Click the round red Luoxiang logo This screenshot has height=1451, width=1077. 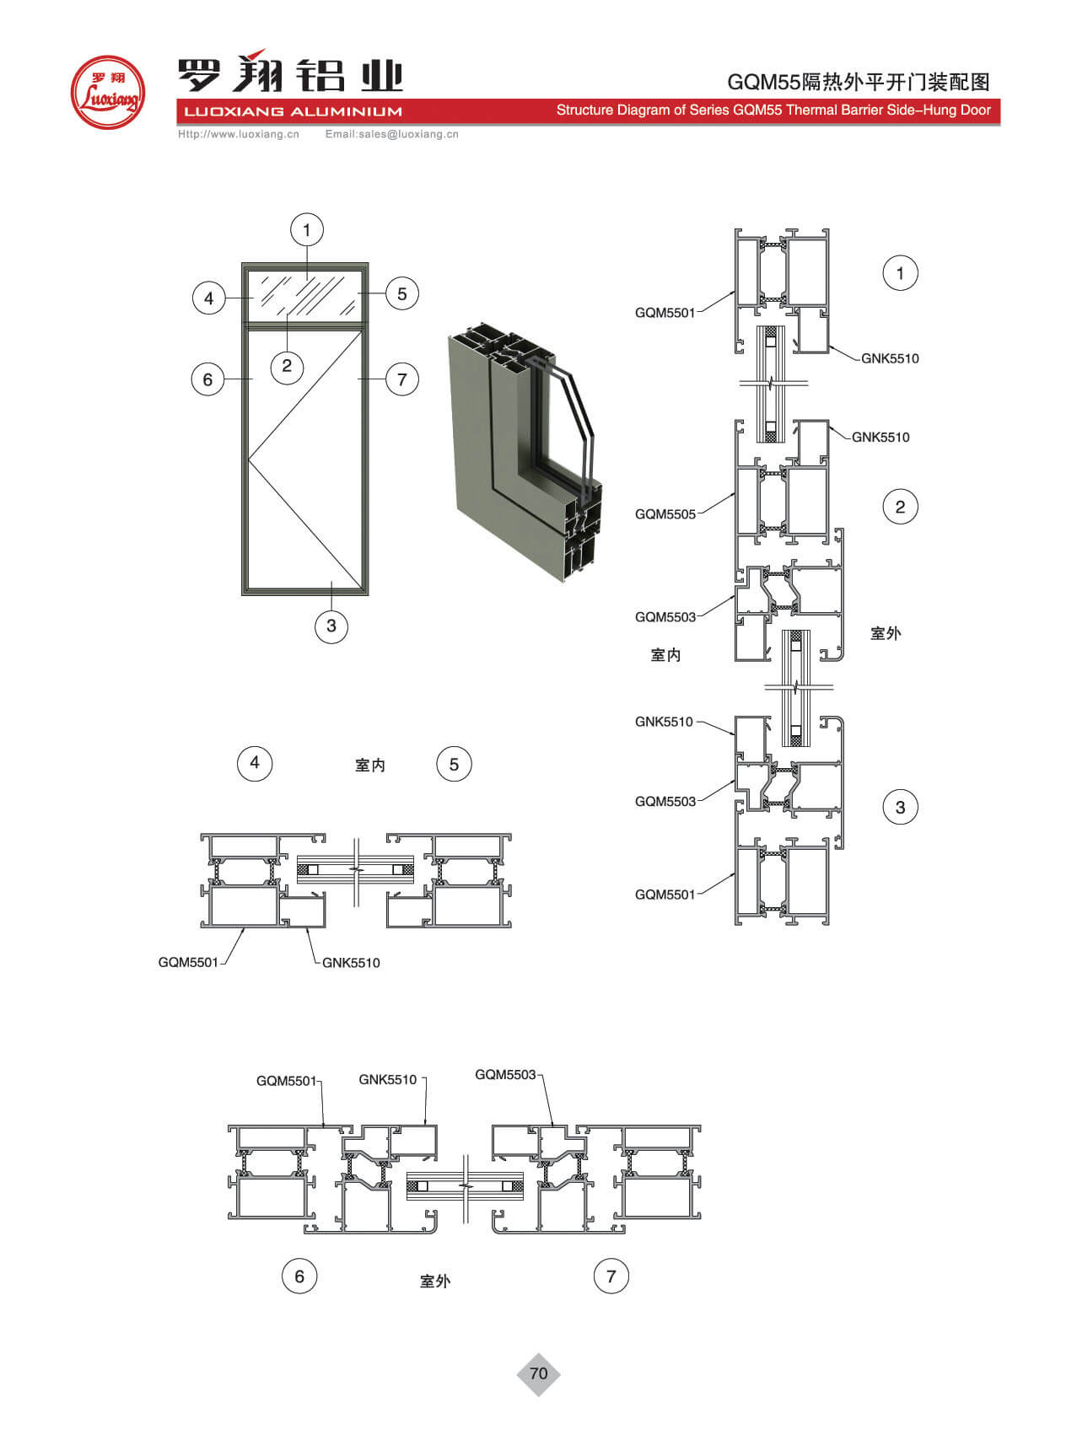(x=108, y=92)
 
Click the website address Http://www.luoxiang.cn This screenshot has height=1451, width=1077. (x=239, y=134)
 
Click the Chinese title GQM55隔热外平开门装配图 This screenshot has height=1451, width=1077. (x=859, y=82)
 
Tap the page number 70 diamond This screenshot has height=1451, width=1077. (x=538, y=1373)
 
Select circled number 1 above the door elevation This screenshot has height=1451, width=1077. (x=306, y=229)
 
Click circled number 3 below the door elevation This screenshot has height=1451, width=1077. (x=331, y=626)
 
